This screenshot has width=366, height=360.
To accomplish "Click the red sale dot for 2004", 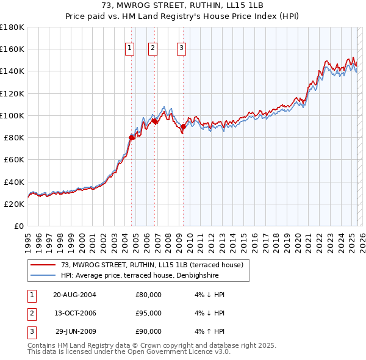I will [132, 137].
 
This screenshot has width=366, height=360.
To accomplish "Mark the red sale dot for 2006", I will [155, 121].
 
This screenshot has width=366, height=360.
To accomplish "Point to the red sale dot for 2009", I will [184, 126].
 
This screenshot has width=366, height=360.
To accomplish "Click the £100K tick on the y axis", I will [12, 115].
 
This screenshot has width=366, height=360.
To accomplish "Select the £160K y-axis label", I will [12, 49].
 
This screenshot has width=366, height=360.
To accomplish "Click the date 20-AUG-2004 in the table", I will [74, 295].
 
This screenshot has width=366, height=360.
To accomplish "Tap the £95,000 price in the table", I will [148, 313].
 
